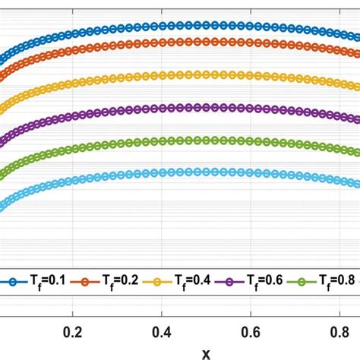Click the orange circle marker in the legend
[86, 281]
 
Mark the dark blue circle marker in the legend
[11, 281]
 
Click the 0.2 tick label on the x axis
[71, 332]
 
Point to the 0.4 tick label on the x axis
[161, 332]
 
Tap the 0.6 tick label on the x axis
[251, 332]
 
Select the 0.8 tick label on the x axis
[340, 332]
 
